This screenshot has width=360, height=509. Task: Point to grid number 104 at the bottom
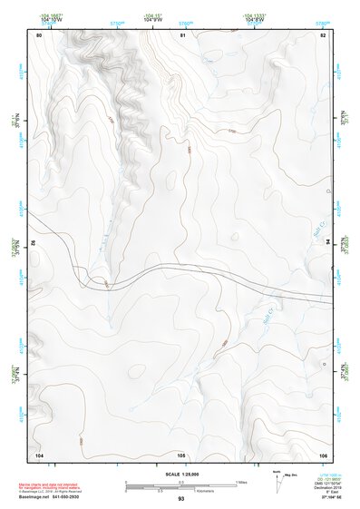[39, 454]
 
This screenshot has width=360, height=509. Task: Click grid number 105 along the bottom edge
[181, 454]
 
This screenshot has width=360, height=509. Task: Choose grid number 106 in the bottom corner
[323, 454]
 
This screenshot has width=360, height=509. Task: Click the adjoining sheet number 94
[327, 245]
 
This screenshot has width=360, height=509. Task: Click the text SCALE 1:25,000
[181, 475]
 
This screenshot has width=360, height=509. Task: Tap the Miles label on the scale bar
[241, 481]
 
